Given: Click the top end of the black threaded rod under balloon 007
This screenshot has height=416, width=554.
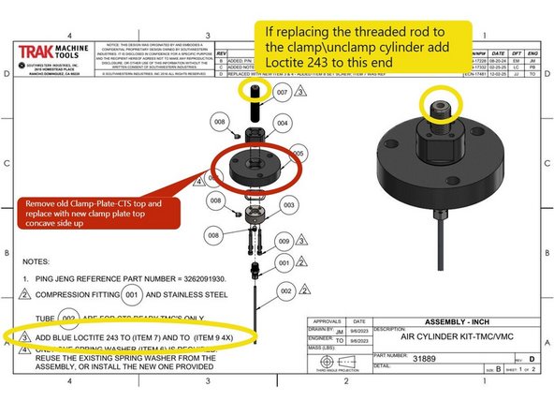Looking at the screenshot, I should coord(255,88).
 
